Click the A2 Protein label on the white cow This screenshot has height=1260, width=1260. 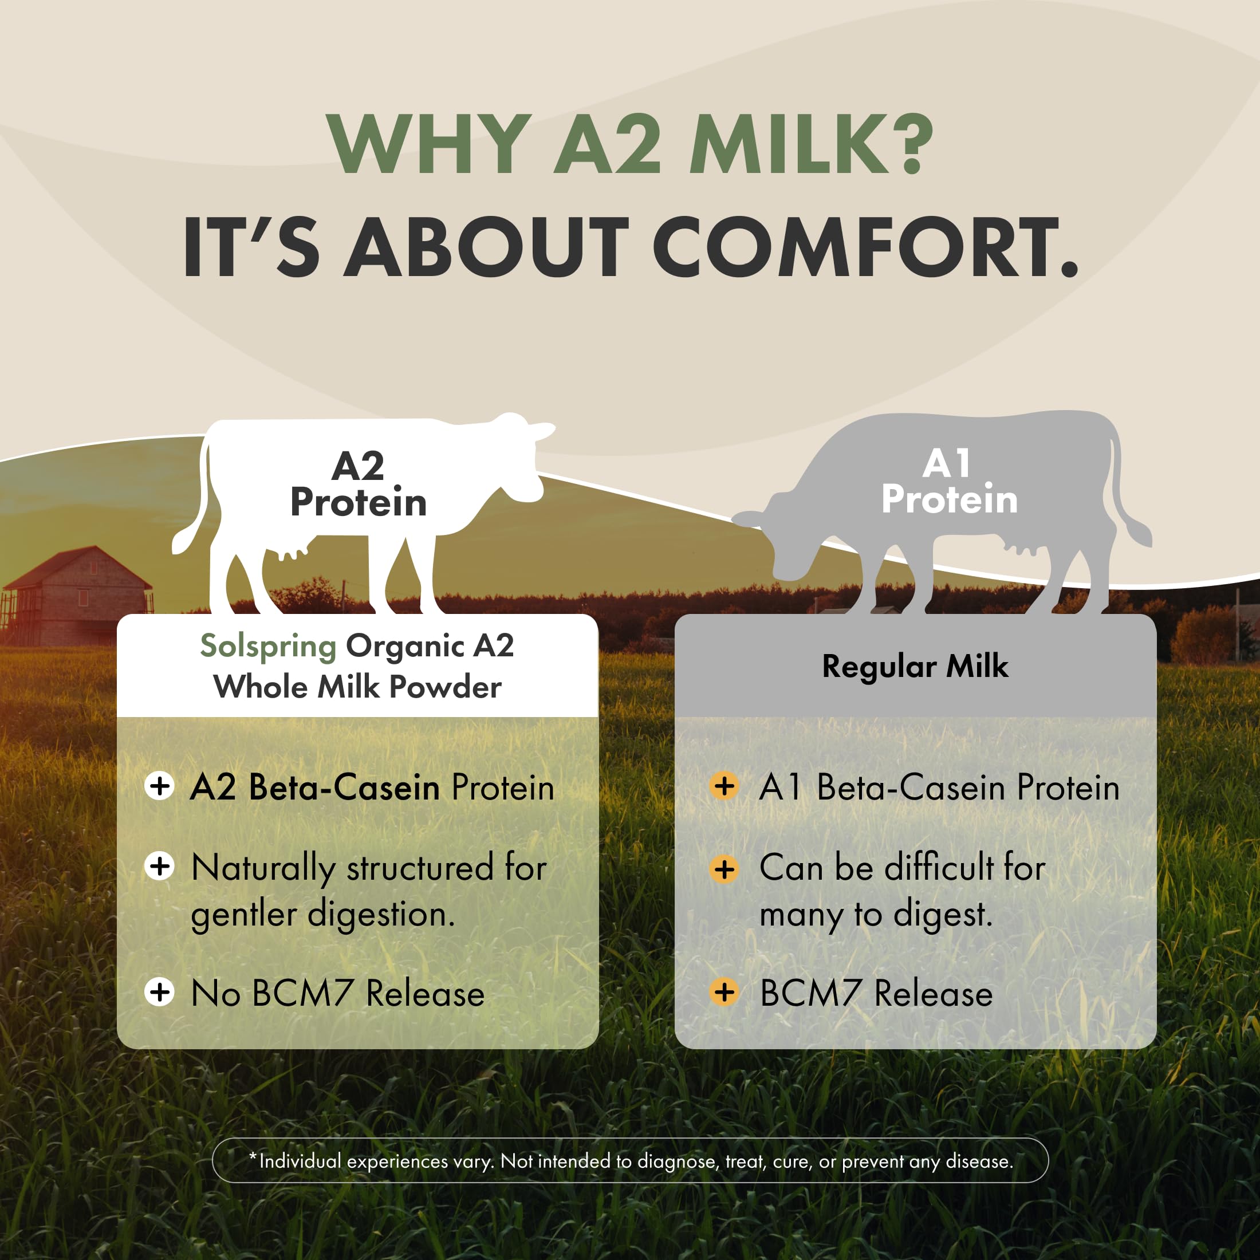(x=358, y=485)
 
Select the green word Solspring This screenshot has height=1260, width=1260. (x=268, y=646)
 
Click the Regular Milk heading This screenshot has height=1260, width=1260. (x=915, y=667)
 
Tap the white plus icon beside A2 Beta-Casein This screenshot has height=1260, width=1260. (x=159, y=786)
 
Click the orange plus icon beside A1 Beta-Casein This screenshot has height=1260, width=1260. (x=724, y=786)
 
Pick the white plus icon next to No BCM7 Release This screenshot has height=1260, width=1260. (x=159, y=993)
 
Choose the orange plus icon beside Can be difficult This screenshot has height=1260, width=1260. (x=724, y=869)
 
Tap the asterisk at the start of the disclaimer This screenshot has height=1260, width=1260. (x=253, y=1157)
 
